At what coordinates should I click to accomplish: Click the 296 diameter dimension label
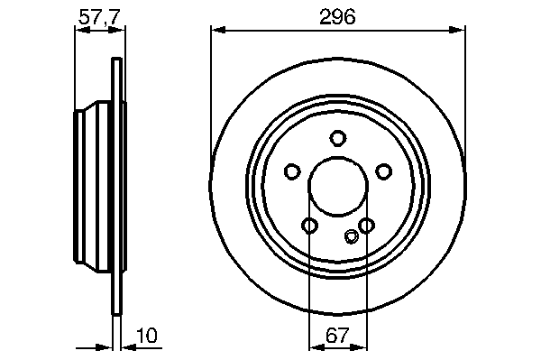click(337, 17)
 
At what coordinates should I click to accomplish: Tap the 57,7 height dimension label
click(99, 17)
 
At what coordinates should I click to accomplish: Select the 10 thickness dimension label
click(147, 335)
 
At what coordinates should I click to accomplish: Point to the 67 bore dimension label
click(337, 335)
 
